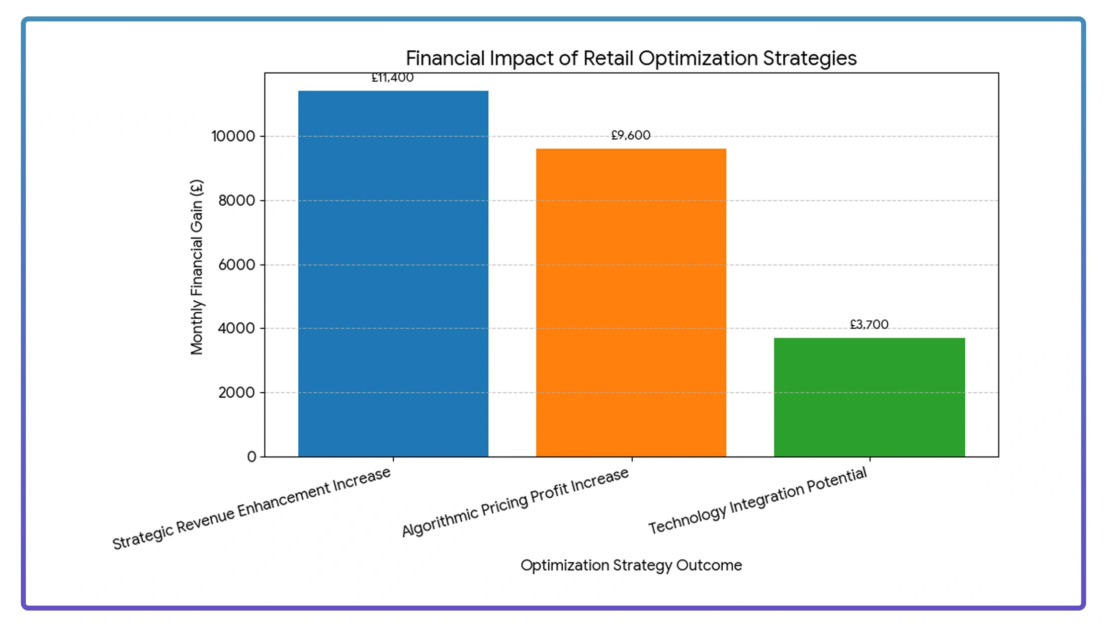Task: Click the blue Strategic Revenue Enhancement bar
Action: click(x=393, y=273)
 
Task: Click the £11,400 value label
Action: click(x=393, y=78)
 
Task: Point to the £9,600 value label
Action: click(x=631, y=135)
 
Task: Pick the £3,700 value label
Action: click(x=869, y=325)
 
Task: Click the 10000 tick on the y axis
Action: click(x=233, y=136)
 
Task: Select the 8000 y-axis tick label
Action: click(x=237, y=200)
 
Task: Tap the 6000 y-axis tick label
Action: click(x=237, y=265)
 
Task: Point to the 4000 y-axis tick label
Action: click(x=237, y=328)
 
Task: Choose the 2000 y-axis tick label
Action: click(x=237, y=392)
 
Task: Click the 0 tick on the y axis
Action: click(x=252, y=456)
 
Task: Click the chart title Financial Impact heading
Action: click(x=631, y=58)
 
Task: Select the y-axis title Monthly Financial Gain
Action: click(x=197, y=267)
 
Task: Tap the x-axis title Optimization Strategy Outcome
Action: click(x=631, y=565)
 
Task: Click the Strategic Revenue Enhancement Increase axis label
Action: click(x=252, y=509)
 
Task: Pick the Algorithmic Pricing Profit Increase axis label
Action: click(x=515, y=502)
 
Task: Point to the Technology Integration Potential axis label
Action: click(x=758, y=500)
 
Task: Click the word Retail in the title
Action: click(x=607, y=58)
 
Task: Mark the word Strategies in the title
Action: click(x=810, y=58)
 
